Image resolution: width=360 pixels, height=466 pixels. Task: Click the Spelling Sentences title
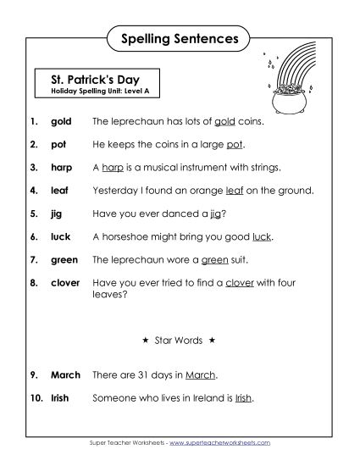pyautogui.click(x=180, y=38)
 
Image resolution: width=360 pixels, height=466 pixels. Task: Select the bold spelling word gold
pyautogui.click(x=61, y=122)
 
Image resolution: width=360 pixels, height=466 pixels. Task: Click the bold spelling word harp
pyautogui.click(x=62, y=168)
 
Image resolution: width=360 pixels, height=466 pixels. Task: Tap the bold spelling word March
pyautogui.click(x=66, y=374)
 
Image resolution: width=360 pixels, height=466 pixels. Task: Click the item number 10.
pyautogui.click(x=34, y=397)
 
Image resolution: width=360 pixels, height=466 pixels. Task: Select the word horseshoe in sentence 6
pyautogui.click(x=126, y=236)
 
